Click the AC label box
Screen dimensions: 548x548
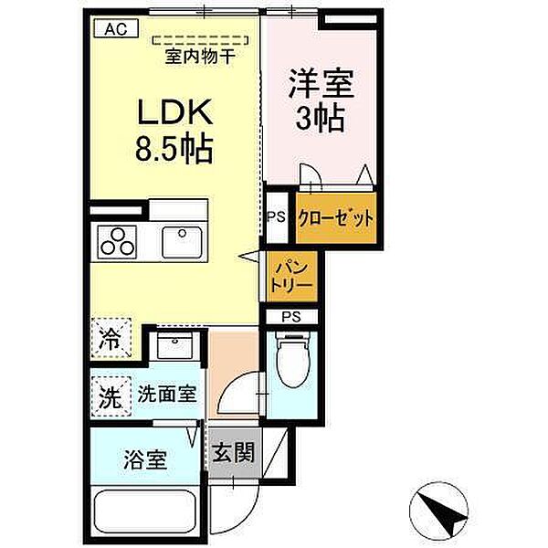click(x=115, y=28)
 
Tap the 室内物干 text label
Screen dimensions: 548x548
click(x=200, y=57)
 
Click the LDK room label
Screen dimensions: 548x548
click(x=174, y=114)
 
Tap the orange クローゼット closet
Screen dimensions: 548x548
click(x=336, y=218)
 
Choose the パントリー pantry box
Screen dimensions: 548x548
click(x=291, y=276)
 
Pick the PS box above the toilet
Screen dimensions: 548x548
click(x=290, y=317)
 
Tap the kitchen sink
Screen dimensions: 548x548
click(x=184, y=242)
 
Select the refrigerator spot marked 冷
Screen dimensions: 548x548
click(x=111, y=340)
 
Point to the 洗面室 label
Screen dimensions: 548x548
click(x=167, y=396)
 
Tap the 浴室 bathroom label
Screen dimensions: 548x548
click(x=144, y=458)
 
